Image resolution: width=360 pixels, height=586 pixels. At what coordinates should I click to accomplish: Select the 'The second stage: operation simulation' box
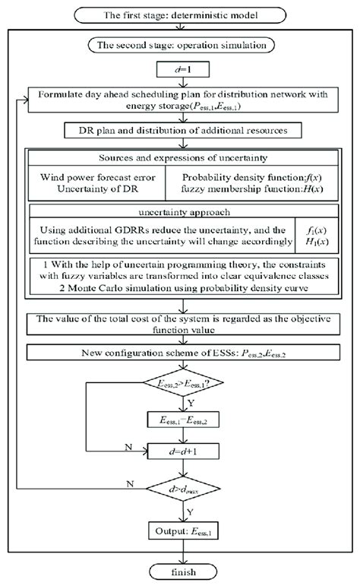tap(179, 46)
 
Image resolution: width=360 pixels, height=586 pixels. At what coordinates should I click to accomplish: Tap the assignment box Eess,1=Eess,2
tap(179, 418)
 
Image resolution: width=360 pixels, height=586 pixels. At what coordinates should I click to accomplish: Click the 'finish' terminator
tap(179, 571)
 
